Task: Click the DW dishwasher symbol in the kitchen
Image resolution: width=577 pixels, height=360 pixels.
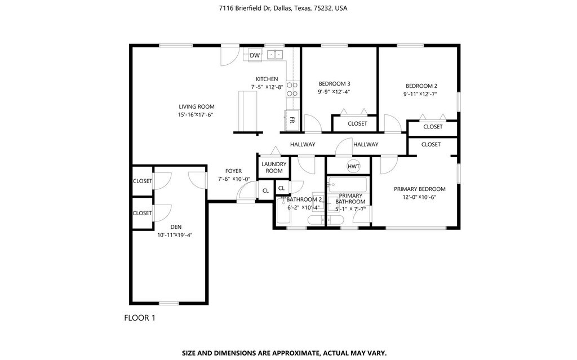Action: click(x=255, y=55)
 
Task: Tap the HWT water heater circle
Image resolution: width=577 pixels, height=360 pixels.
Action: click(x=354, y=166)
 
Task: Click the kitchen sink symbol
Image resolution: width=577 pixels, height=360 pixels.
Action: click(x=275, y=55)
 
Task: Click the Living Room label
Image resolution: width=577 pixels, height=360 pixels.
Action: click(x=197, y=106)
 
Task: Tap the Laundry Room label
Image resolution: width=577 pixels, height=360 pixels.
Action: click(x=274, y=167)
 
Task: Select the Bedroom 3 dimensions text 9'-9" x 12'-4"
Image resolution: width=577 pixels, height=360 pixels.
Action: click(x=334, y=92)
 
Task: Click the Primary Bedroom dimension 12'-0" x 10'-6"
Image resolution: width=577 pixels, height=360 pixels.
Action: click(x=419, y=197)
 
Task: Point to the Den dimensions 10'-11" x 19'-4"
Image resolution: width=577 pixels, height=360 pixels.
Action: click(x=175, y=235)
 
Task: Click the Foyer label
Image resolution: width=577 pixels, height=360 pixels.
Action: click(x=233, y=171)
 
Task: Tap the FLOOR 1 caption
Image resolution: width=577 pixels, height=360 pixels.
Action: click(x=140, y=318)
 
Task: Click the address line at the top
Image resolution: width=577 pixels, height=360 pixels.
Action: click(x=283, y=8)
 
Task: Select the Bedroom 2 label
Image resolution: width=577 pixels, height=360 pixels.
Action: click(x=421, y=86)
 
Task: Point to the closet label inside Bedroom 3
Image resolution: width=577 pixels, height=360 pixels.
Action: click(x=357, y=124)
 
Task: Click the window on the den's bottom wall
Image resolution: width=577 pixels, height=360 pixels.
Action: click(x=169, y=303)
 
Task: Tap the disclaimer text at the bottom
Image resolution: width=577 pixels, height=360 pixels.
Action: click(x=285, y=353)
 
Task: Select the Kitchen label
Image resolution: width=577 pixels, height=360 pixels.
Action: click(x=267, y=79)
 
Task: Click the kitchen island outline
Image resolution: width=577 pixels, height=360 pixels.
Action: click(x=248, y=111)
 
